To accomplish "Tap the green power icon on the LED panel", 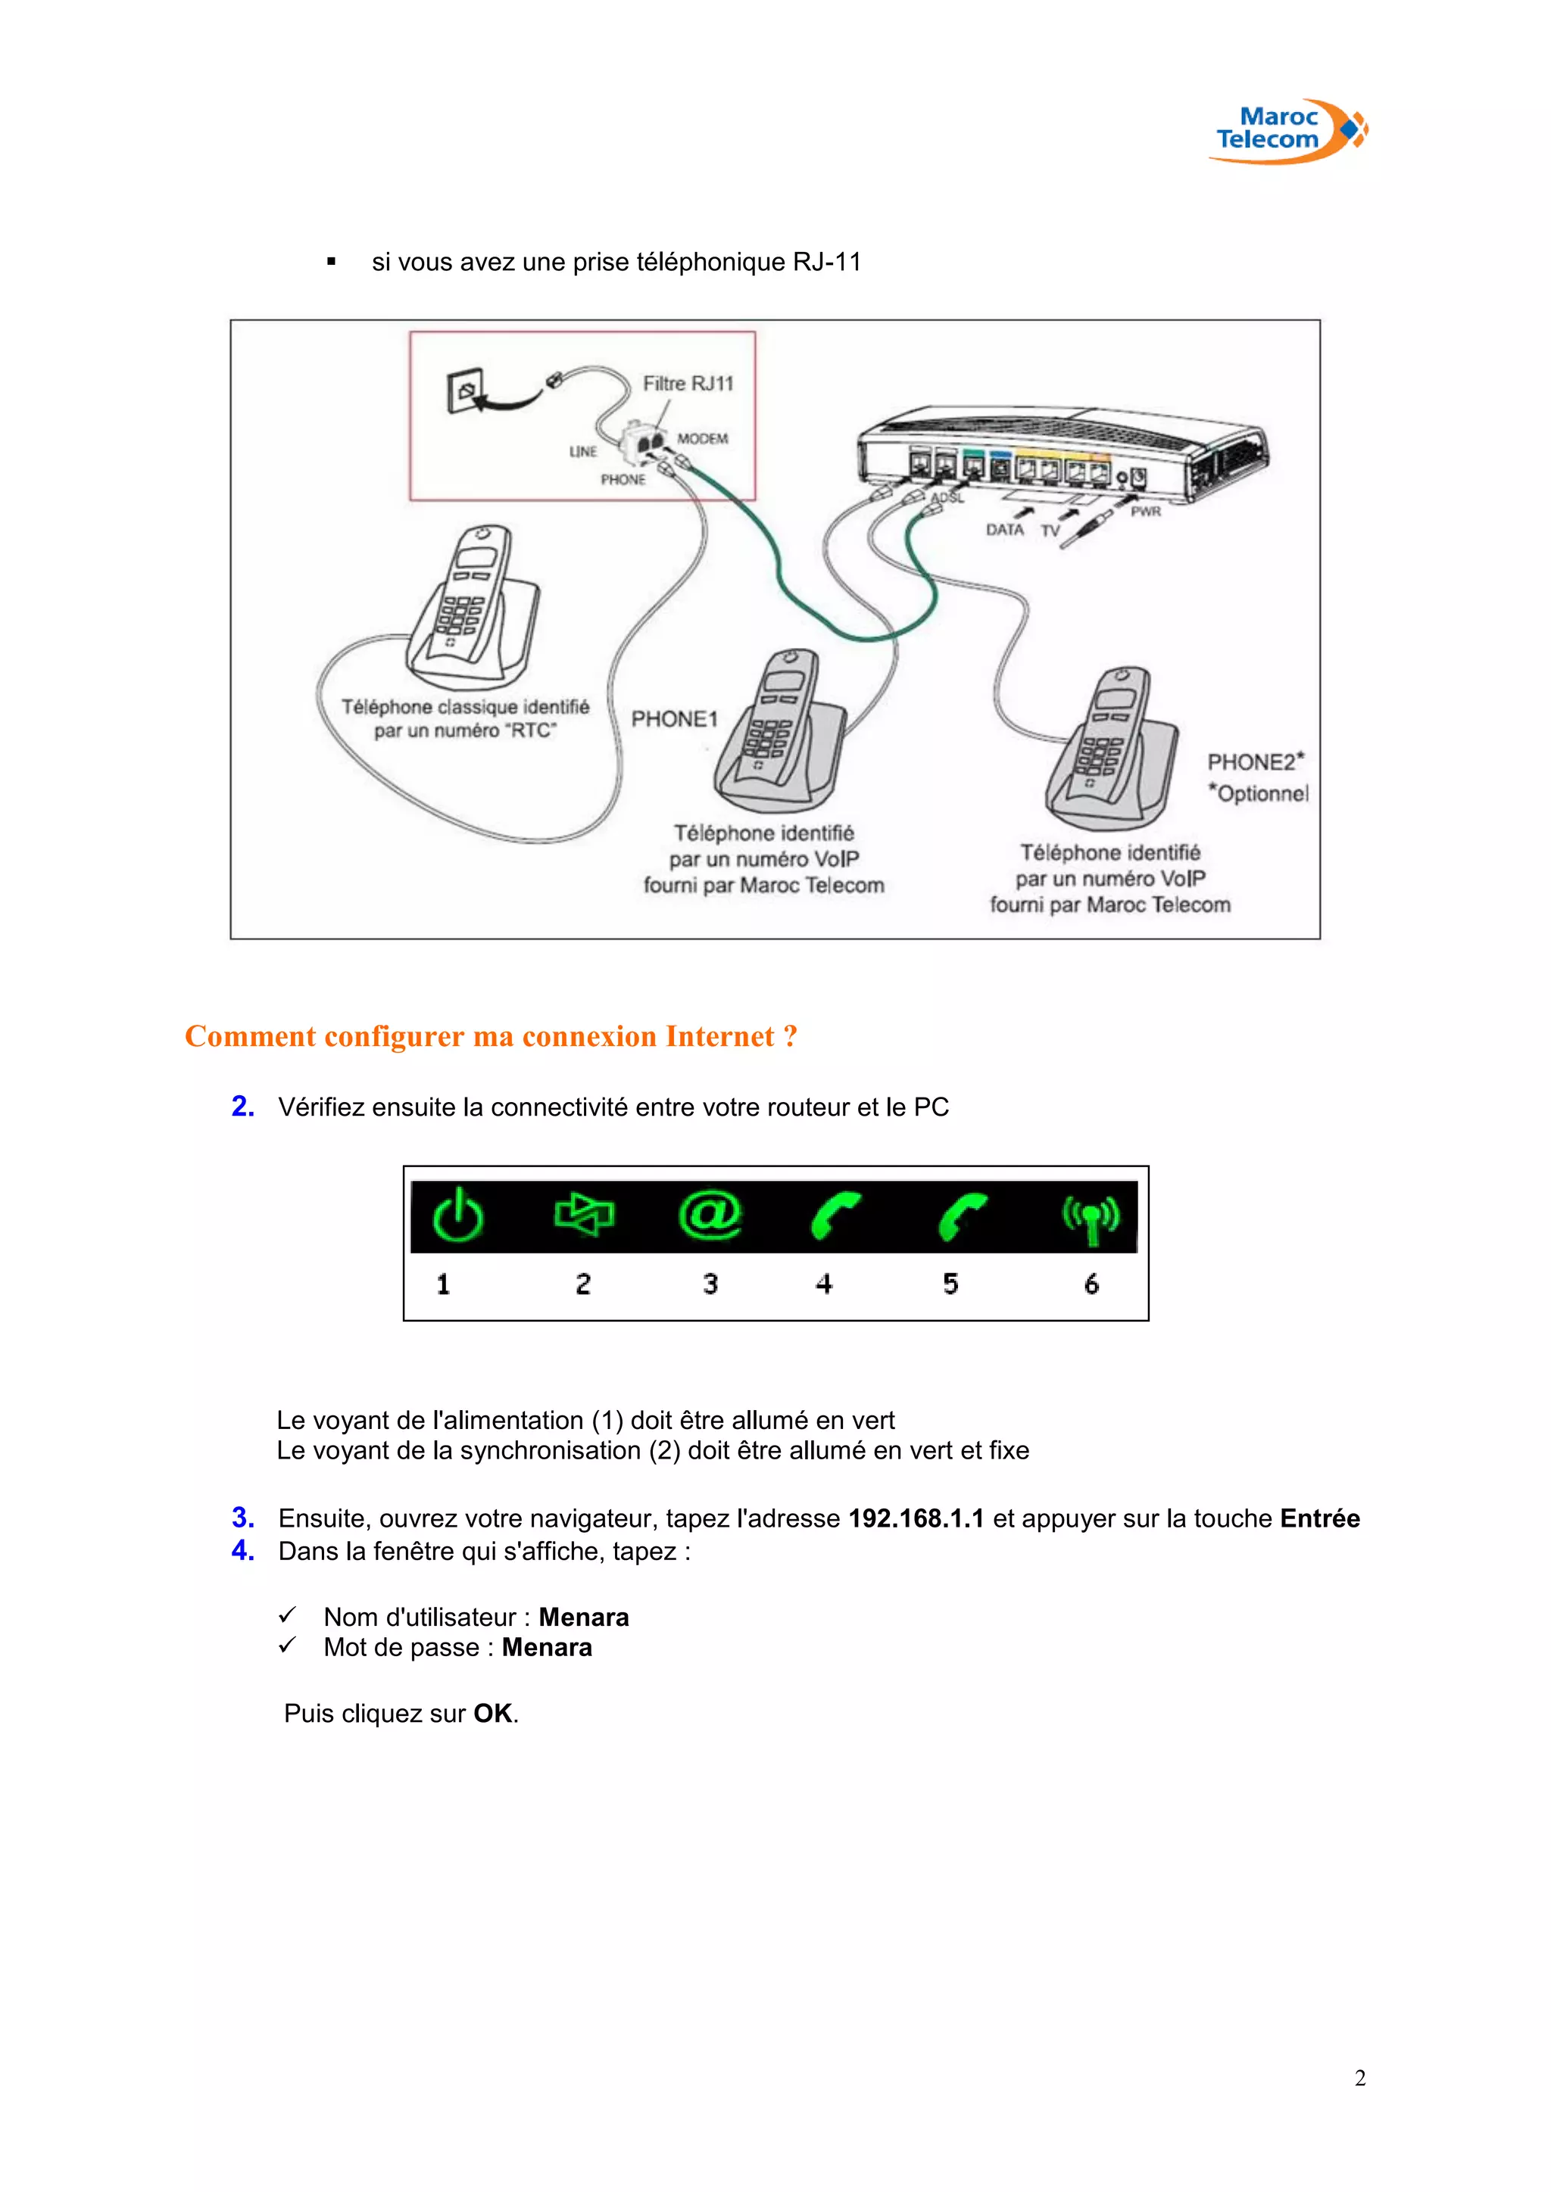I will (457, 1216).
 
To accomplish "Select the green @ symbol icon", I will (710, 1216).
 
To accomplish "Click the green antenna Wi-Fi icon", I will (1091, 1217).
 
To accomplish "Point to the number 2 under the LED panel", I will (582, 1284).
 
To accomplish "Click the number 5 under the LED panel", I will (950, 1284).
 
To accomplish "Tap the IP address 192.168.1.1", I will (916, 1519).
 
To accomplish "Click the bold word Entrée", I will (1320, 1519).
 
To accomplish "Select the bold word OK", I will (493, 1714).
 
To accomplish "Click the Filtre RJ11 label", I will (688, 384).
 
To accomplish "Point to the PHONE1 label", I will (674, 719).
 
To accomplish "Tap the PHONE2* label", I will (1255, 762).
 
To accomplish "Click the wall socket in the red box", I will (465, 391).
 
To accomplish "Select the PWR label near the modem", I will (1145, 512).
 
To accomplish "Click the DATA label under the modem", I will (1005, 530).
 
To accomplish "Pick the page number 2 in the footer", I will (1360, 2078).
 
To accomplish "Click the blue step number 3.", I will (242, 1518).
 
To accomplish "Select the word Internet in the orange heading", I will (719, 1037).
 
